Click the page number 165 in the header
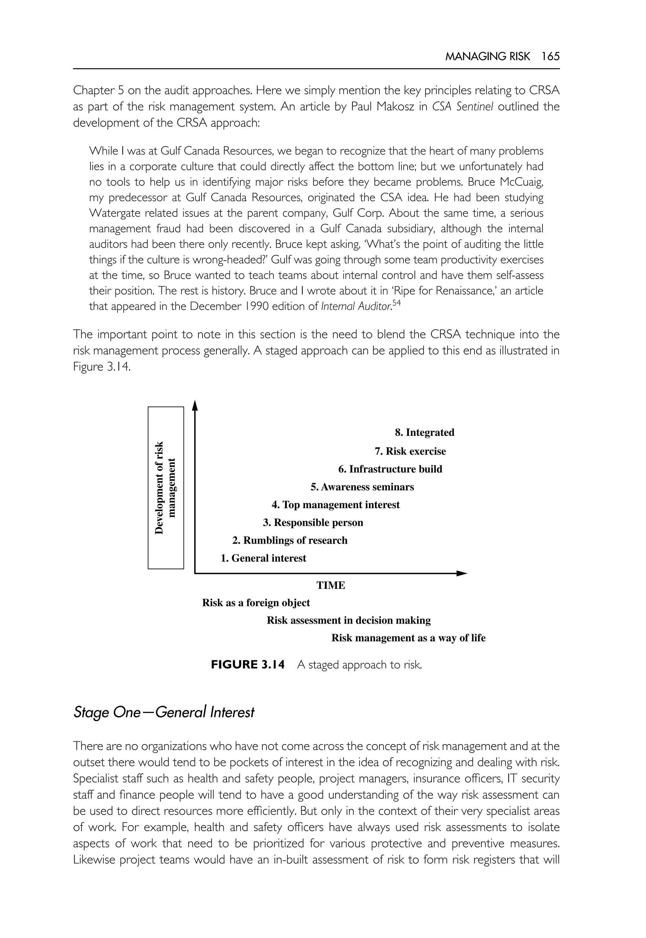(x=550, y=57)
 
